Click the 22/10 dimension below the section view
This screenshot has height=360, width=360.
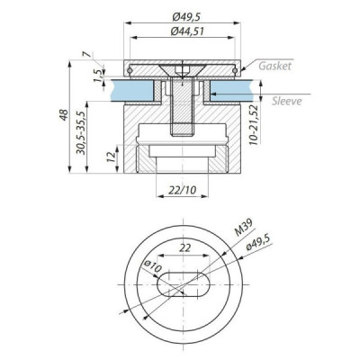pos(183,191)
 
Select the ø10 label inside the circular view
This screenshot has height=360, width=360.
pos(151,267)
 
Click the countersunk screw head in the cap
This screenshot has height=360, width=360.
pos(183,70)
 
